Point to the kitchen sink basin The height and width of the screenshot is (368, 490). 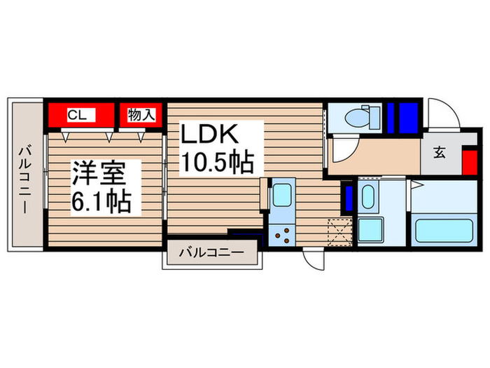[x=281, y=194]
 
